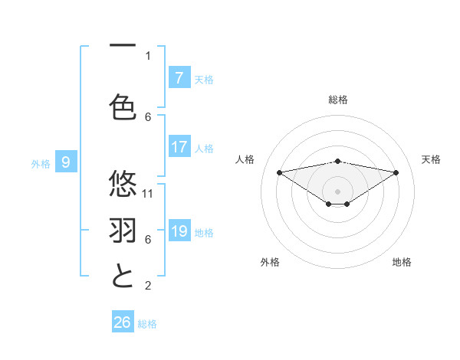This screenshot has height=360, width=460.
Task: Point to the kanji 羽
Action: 123,230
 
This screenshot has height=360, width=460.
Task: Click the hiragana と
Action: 123,275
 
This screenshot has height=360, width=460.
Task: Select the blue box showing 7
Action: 179,78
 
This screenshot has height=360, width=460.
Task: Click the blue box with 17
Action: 179,147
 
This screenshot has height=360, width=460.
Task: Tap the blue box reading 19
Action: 179,231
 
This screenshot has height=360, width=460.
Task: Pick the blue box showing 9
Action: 66,162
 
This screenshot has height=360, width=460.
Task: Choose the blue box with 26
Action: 123,322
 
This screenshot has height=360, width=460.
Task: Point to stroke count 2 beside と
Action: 148,286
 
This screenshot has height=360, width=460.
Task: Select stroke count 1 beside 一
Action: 148,55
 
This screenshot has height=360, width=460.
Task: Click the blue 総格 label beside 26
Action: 147,324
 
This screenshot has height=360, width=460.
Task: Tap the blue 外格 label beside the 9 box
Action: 41,163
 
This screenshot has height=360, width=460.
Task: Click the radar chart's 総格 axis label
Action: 337,100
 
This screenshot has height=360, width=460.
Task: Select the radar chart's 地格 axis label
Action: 402,262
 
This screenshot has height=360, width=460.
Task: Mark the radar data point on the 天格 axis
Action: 396,172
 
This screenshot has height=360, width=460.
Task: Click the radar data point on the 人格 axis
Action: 279,172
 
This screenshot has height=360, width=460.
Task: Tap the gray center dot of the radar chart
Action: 337,191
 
